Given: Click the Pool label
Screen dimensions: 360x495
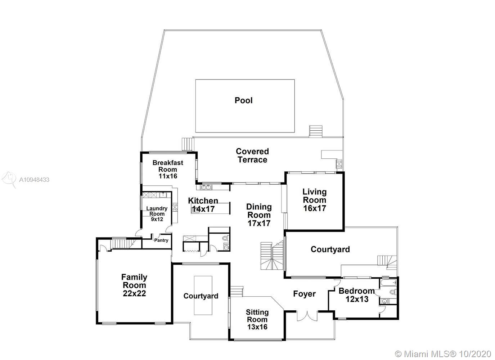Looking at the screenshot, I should pos(243,100).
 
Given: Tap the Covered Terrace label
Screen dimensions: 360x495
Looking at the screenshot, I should pos(252,156).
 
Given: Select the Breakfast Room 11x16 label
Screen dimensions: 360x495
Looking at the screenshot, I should pos(168,169).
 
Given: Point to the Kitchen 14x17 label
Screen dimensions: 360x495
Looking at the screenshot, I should pos(203,204).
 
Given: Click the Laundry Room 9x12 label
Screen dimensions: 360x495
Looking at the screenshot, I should pos(157,213).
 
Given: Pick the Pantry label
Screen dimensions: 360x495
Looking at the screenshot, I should pos(161,240).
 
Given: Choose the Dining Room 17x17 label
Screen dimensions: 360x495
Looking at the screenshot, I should pos(258,215).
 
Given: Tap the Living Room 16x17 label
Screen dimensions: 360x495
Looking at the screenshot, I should pos(314,200).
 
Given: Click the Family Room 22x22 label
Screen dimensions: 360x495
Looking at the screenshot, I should pos(134,285).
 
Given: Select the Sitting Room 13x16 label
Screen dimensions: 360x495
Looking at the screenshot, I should pos(257,319).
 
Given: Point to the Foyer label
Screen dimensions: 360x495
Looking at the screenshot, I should pos(304,294).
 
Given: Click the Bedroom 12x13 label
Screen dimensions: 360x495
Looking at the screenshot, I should pos(356,295).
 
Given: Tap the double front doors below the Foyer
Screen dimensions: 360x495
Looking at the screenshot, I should pos(307,316).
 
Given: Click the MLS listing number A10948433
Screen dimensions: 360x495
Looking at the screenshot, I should pos(34,180).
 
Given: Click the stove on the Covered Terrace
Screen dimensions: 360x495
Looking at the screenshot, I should pos(339,164).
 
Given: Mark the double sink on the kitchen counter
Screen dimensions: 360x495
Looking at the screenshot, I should pos(206,187).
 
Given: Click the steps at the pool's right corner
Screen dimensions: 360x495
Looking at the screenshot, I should pos(316,131).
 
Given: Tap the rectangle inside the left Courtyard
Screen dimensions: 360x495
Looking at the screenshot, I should pos(203,295).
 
